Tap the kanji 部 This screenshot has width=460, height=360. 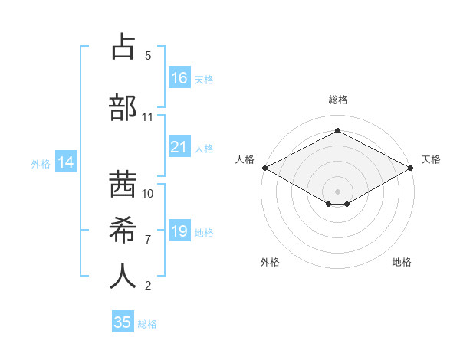pos(123,106)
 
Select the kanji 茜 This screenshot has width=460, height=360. pos(123,184)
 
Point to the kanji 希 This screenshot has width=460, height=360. pos(123,229)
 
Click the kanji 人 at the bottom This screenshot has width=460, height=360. pos(123,276)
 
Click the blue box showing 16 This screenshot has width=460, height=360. pos(179,78)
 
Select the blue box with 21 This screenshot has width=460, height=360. pos(179,147)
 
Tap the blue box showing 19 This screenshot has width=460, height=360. pos(179,231)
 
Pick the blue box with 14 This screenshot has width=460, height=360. pos(65,162)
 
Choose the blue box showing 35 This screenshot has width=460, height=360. pos(123,322)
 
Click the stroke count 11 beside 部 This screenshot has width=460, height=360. pos(147,117)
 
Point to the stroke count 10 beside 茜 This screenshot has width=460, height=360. pos(148,193)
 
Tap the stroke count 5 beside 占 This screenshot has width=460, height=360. pos(148,56)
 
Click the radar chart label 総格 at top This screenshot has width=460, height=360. pos(337,100)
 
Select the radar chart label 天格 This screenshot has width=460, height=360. pos(431,159)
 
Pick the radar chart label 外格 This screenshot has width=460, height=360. pos(270,262)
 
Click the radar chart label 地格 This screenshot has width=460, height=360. pos(402,262)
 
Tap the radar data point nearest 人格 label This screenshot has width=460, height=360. pos(264,167)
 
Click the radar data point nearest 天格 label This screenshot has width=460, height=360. pos(411,167)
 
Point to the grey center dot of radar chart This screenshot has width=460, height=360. pos(337,191)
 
